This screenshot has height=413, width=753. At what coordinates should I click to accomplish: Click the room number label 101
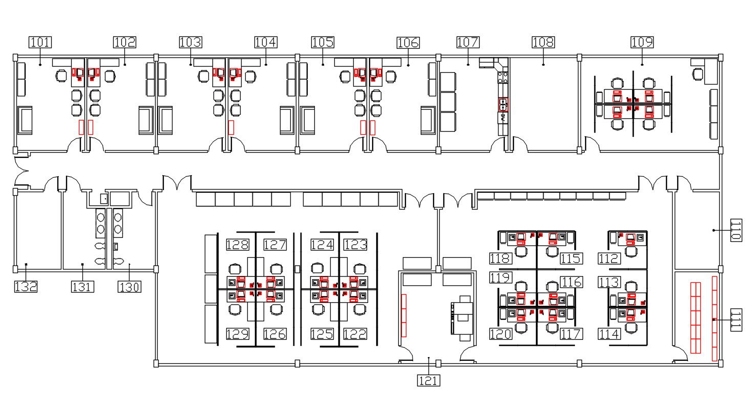pyautogui.click(x=40, y=42)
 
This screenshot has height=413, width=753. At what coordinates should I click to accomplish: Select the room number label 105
pyautogui.click(x=322, y=42)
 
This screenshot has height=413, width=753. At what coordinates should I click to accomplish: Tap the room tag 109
pyautogui.click(x=642, y=42)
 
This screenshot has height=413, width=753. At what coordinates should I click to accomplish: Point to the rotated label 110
pyautogui.click(x=736, y=230)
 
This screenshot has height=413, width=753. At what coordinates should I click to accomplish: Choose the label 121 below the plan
pyautogui.click(x=428, y=380)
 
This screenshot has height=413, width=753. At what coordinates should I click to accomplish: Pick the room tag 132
pyautogui.click(x=26, y=286)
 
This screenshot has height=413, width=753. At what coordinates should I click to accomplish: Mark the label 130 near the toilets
pyautogui.click(x=130, y=286)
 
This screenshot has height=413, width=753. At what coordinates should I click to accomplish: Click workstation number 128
pyautogui.click(x=238, y=245)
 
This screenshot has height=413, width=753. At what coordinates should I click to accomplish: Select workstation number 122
pyautogui.click(x=355, y=334)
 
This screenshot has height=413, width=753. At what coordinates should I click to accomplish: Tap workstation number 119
pyautogui.click(x=500, y=278)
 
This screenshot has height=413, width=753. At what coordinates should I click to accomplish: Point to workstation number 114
pyautogui.click(x=609, y=334)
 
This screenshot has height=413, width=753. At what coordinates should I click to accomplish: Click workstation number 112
pyautogui.click(x=609, y=259)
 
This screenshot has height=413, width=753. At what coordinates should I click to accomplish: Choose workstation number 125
pyautogui.click(x=322, y=334)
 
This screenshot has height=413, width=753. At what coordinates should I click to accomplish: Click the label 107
pyautogui.click(x=468, y=42)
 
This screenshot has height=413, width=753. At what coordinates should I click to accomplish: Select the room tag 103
pyautogui.click(x=190, y=42)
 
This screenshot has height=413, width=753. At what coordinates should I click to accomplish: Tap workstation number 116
pyautogui.click(x=571, y=282)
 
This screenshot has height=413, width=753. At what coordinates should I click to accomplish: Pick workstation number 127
pyautogui.click(x=275, y=245)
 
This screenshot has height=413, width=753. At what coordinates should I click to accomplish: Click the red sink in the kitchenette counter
pyautogui.click(x=503, y=105)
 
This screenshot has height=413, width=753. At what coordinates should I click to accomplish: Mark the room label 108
pyautogui.click(x=543, y=42)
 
